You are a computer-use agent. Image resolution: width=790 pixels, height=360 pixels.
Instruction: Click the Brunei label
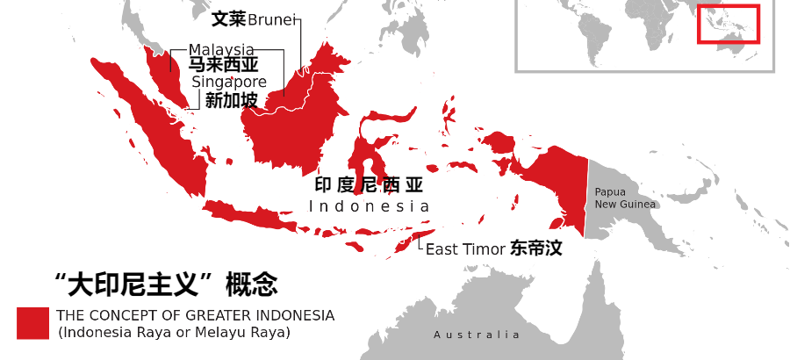(272, 19)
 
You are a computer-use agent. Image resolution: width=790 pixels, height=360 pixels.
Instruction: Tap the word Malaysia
(221, 49)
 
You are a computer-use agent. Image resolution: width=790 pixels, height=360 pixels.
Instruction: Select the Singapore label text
(229, 82)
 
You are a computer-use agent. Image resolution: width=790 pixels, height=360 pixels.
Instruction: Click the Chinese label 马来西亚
(223, 65)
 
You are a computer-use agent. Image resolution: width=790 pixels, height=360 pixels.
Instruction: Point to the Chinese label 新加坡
(231, 101)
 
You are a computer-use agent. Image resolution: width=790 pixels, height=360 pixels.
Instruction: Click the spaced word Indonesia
(370, 206)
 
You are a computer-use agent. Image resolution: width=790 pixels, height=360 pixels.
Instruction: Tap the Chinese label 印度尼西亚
(369, 185)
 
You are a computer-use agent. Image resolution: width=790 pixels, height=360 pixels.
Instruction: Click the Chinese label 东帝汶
(535, 248)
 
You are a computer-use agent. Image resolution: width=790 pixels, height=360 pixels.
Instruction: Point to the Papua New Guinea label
(625, 198)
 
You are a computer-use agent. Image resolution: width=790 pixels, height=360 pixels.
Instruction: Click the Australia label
(477, 335)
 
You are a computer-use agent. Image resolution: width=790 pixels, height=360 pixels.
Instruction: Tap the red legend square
(32, 322)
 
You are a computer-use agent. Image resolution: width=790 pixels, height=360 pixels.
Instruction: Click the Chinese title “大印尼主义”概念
(166, 284)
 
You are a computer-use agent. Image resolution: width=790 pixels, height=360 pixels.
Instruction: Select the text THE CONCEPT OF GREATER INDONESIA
(195, 315)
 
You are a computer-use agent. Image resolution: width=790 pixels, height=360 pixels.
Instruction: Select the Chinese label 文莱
(228, 18)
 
